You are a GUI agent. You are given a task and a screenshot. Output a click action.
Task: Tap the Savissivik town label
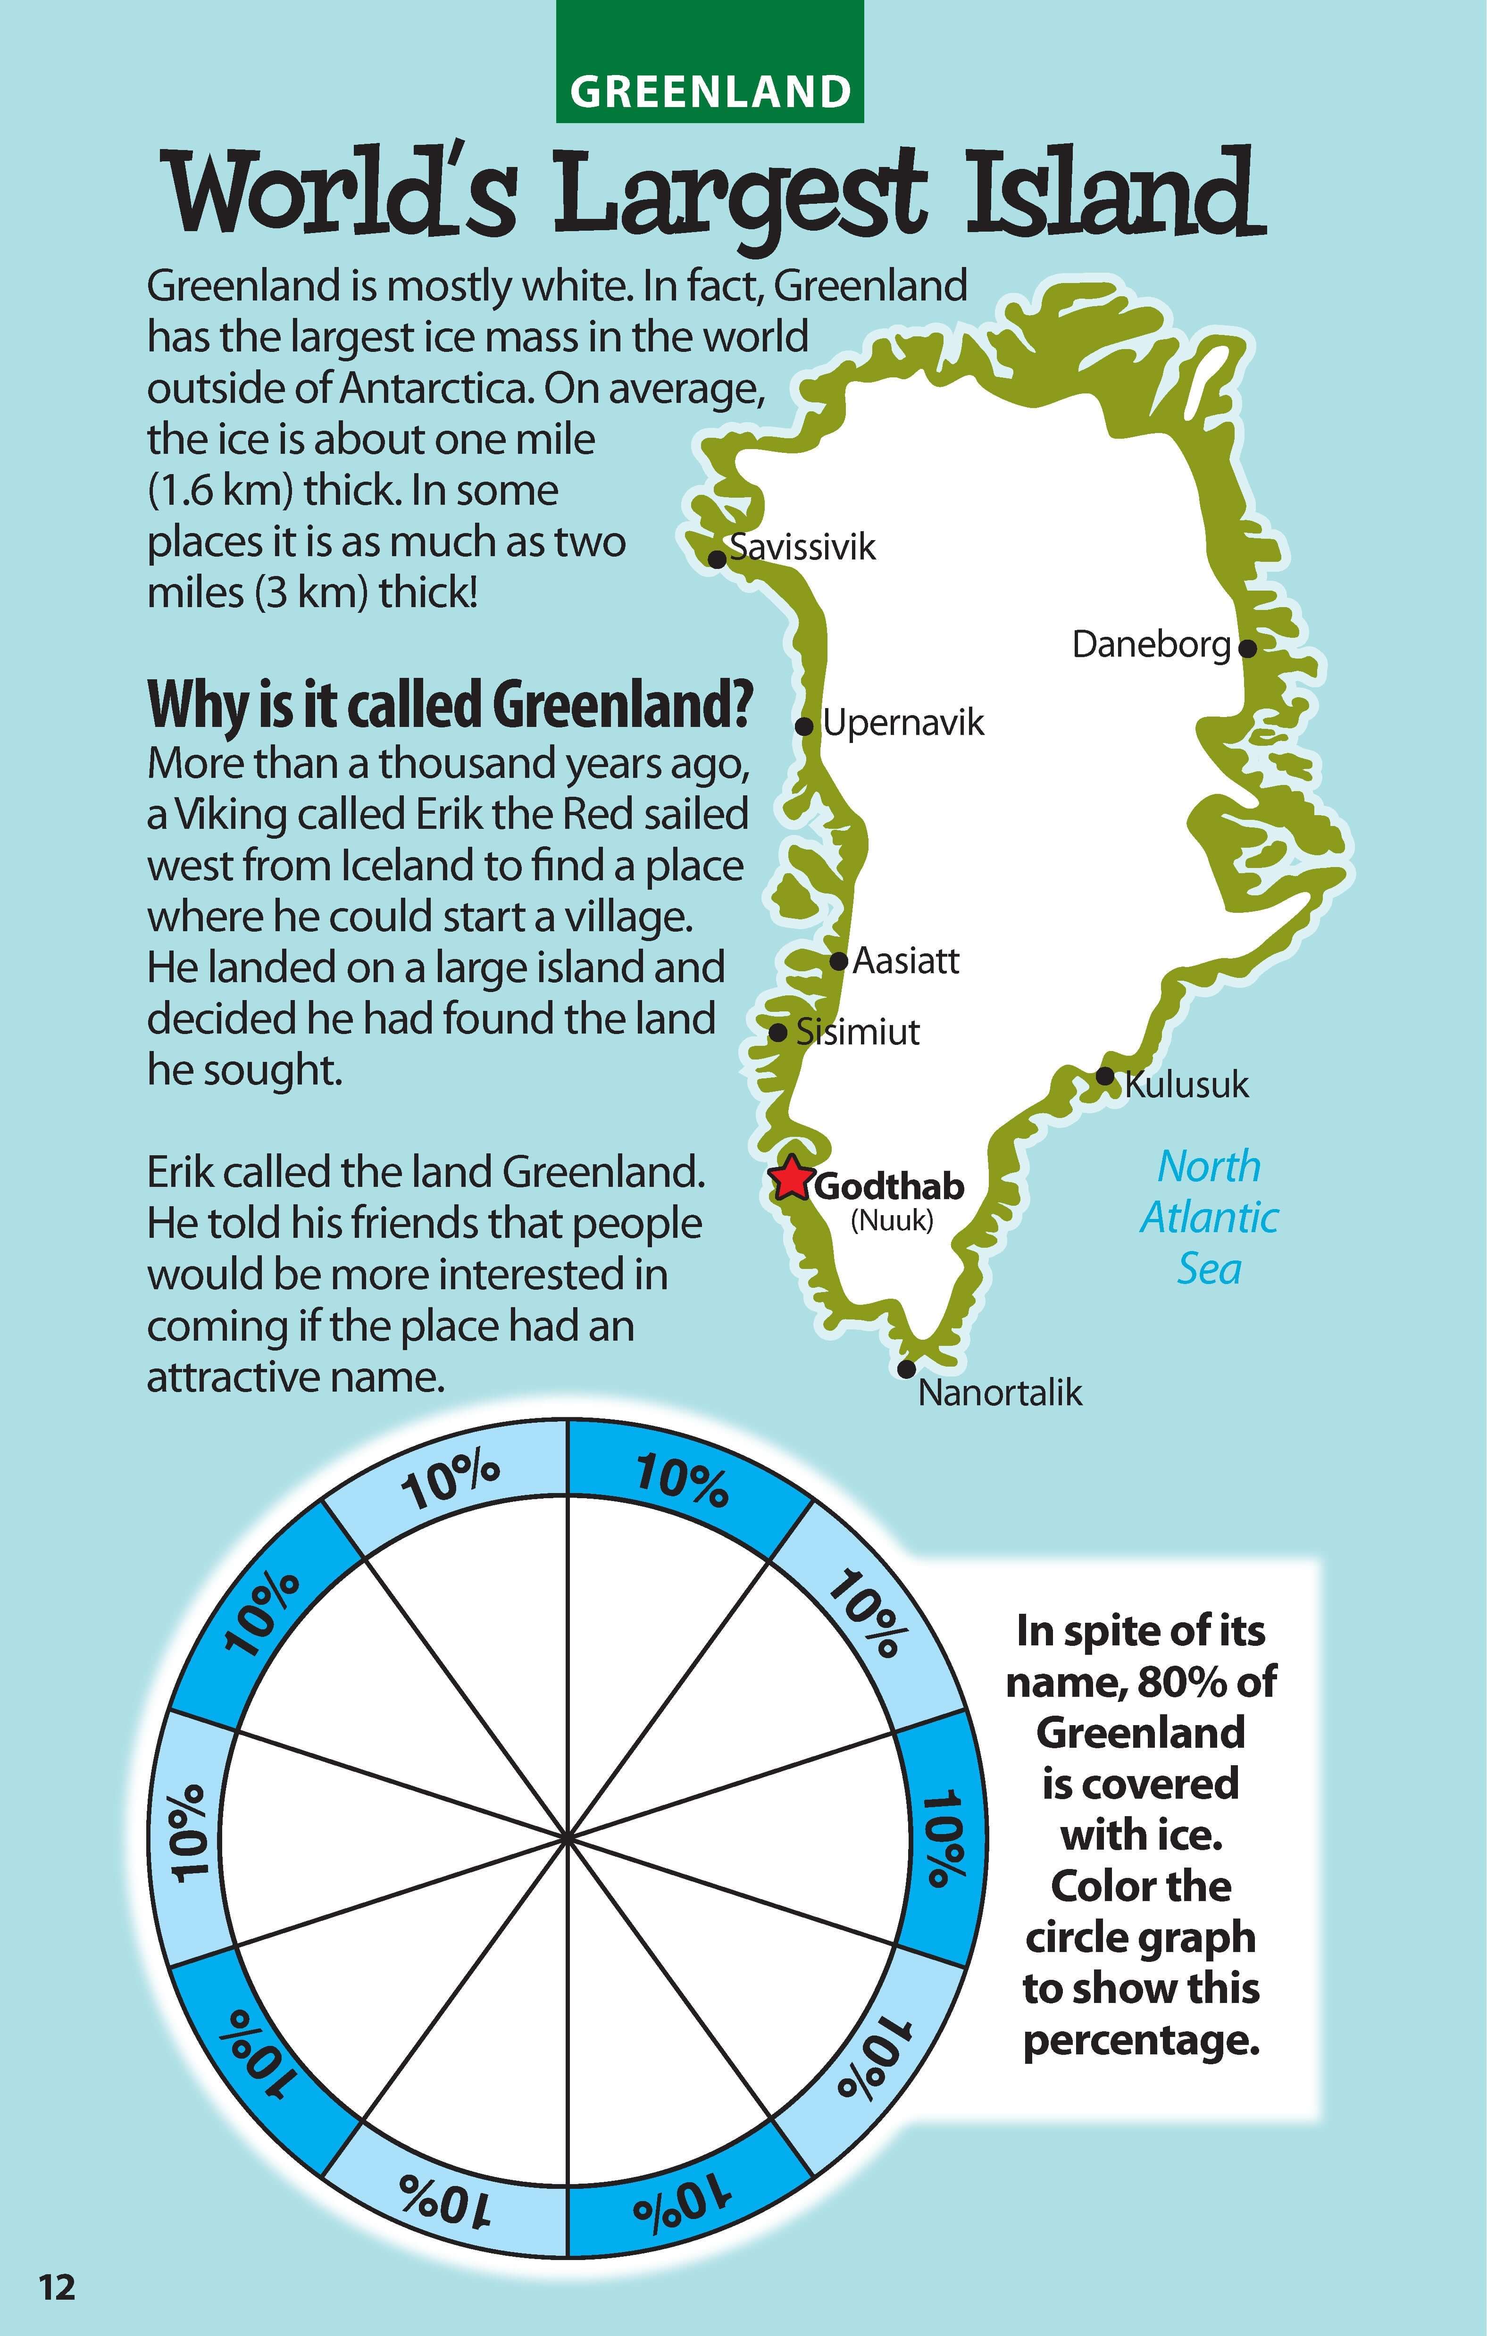(803, 547)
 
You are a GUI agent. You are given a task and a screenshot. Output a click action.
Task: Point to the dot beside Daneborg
(1247, 647)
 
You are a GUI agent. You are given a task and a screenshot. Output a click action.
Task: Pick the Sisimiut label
(858, 1032)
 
